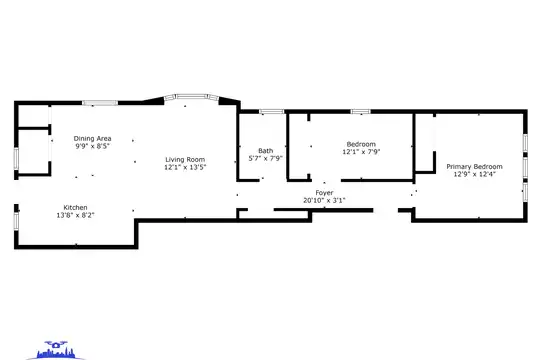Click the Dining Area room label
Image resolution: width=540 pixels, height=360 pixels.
[92, 138]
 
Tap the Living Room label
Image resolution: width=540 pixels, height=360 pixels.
[185, 160]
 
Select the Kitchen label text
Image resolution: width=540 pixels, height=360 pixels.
[75, 207]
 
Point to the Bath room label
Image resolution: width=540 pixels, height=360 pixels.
[266, 151]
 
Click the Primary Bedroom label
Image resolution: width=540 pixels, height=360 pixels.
[474, 167]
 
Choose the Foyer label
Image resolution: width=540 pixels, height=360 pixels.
[324, 193]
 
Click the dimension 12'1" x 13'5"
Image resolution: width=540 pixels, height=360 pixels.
[185, 167]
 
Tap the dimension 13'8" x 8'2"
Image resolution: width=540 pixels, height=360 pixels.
[75, 215]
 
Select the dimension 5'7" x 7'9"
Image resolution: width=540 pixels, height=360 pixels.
[266, 158]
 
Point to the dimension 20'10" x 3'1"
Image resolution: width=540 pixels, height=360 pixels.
[324, 200]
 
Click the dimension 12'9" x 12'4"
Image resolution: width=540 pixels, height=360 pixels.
[474, 174]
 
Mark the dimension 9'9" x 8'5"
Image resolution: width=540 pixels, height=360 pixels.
[92, 146]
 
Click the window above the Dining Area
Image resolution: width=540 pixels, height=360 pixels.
[100, 103]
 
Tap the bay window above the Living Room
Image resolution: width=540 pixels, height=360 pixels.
[191, 96]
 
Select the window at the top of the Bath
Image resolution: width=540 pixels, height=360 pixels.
[272, 111]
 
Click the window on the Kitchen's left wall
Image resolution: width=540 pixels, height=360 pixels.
[16, 221]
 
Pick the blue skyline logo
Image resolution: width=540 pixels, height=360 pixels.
[56, 351]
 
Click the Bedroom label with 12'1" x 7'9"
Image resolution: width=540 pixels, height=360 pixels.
[361, 144]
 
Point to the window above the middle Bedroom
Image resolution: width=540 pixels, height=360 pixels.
[361, 111]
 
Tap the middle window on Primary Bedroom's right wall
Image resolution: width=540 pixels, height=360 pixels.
[525, 167]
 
